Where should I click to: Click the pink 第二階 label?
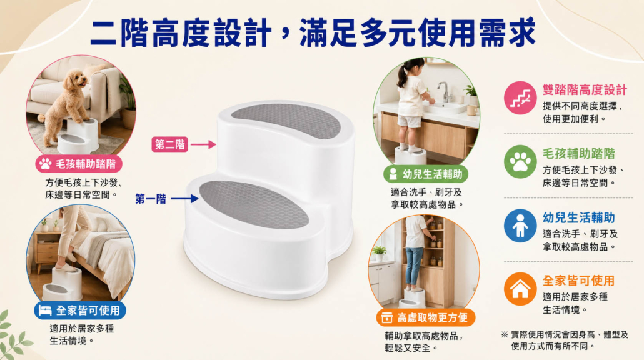(169, 144)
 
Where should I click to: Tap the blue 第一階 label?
(151, 199)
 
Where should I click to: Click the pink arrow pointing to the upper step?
(203, 144)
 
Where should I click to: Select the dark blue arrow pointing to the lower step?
(185, 199)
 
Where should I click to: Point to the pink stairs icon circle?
(520, 97)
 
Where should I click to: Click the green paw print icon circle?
(520, 162)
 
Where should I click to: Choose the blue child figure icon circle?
(520, 226)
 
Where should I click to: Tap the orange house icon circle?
(520, 289)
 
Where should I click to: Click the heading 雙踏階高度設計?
(585, 89)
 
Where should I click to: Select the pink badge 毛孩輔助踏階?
(78, 164)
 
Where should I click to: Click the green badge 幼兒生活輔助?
(426, 174)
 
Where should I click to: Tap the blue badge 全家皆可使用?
(80, 311)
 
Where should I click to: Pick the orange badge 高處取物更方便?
(426, 317)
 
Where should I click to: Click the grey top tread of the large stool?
(286, 120)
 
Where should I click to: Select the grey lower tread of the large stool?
(254, 204)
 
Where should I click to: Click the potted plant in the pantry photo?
(379, 253)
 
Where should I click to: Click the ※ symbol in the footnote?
(505, 334)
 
